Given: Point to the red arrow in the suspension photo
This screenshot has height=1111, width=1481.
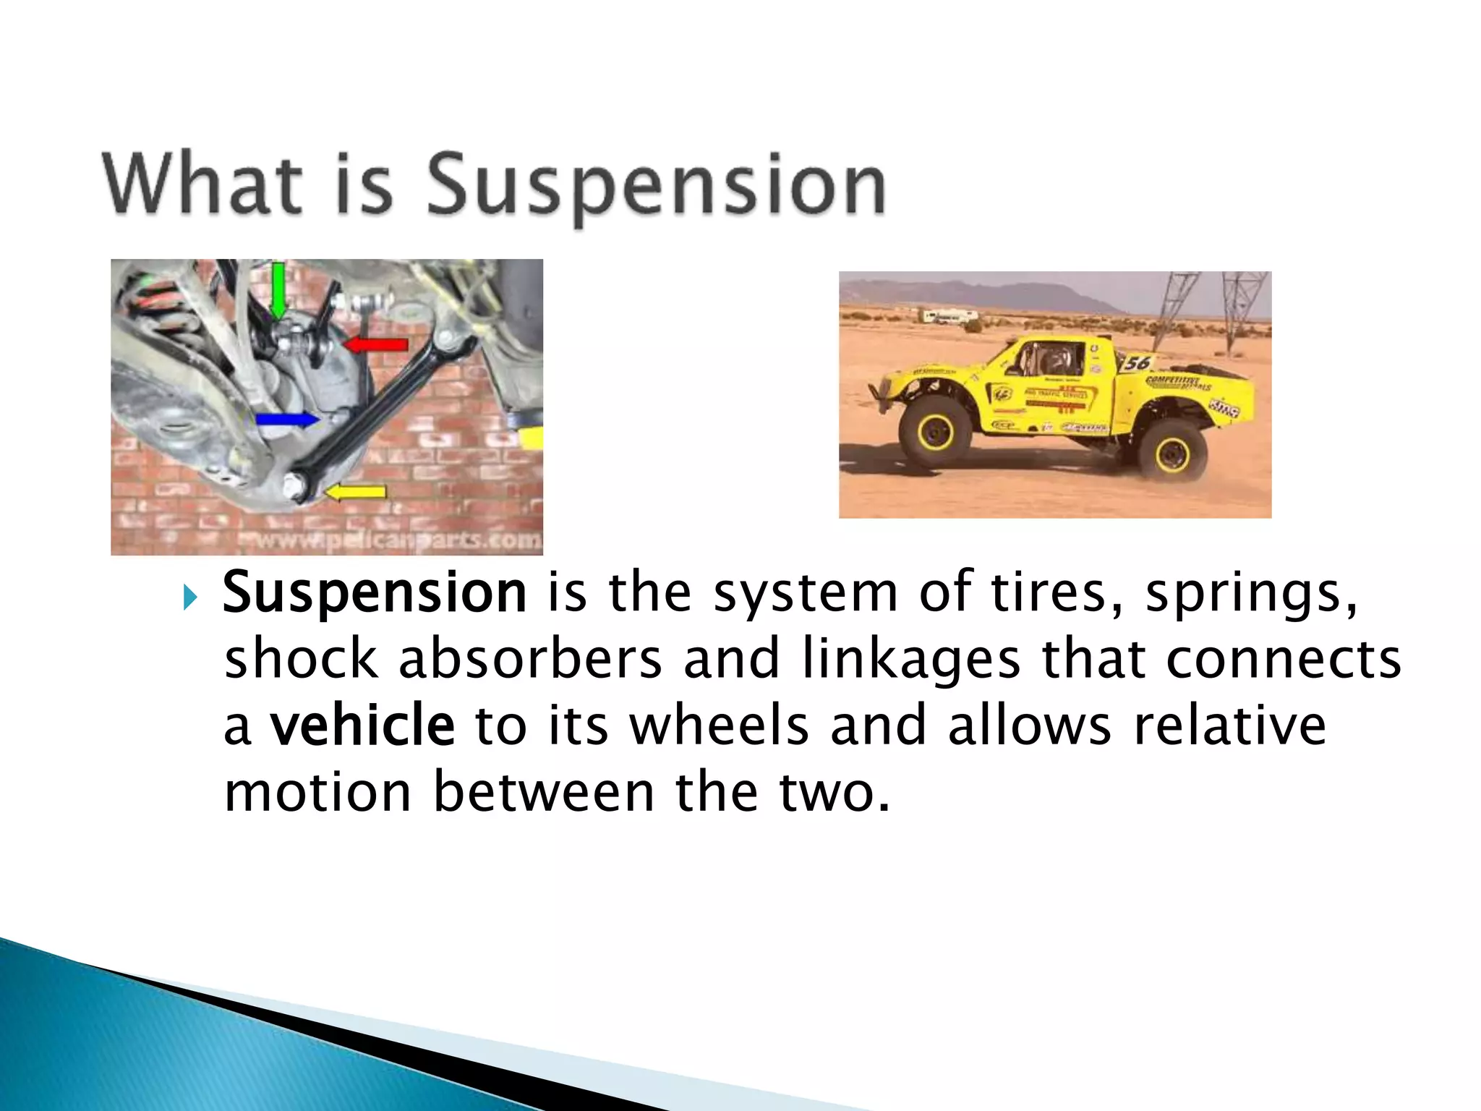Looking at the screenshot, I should click(376, 344).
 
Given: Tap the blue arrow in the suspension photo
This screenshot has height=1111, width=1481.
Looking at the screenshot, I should click(286, 420).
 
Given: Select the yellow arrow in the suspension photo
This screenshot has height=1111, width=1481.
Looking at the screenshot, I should click(356, 493).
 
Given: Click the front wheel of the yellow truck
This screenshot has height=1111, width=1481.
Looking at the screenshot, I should click(936, 432).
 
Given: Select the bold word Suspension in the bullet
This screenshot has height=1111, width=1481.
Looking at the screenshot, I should click(375, 593).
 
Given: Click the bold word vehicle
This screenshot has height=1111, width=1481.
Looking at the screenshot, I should click(362, 726).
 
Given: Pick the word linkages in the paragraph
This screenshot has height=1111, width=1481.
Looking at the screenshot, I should click(911, 660).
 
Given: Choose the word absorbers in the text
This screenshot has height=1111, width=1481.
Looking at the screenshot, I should click(530, 660).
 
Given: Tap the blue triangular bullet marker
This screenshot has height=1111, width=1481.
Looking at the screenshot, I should click(189, 598).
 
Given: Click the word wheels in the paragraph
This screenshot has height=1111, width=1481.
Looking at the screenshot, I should click(719, 726).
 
